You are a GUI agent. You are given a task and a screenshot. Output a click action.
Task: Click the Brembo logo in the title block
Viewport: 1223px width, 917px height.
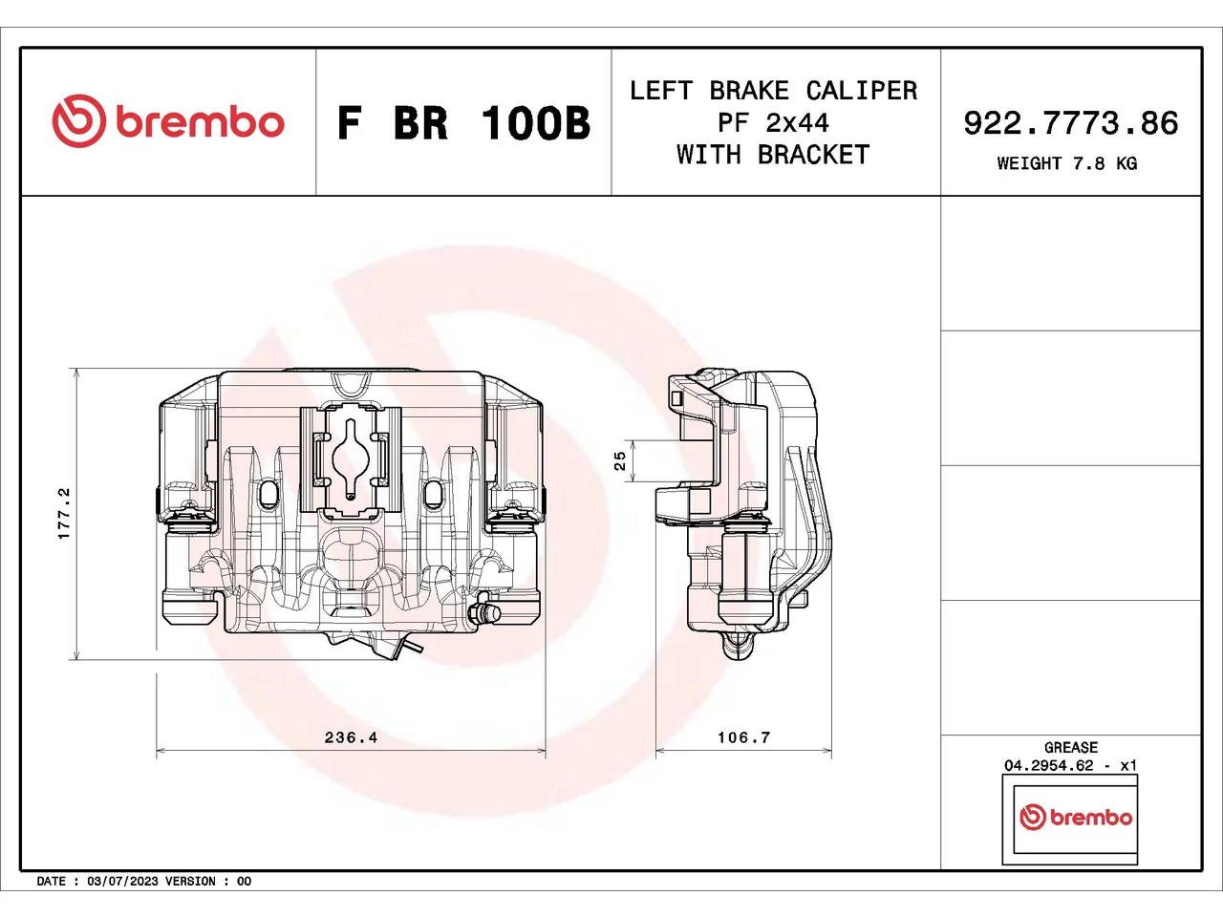168,120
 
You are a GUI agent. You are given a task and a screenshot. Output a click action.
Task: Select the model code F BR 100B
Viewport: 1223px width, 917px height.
463,123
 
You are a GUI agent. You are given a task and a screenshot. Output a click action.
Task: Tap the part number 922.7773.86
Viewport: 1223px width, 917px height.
1071,123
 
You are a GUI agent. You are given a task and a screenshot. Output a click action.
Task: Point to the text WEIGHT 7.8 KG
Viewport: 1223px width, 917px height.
1067,163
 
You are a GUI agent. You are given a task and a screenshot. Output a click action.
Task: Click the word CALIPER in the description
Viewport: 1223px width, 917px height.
862,91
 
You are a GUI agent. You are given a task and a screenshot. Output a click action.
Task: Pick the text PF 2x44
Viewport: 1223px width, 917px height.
773,123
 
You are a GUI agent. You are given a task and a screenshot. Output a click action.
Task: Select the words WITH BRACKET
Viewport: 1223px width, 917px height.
773,155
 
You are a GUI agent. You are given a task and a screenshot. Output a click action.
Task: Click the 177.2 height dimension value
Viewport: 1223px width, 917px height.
64,513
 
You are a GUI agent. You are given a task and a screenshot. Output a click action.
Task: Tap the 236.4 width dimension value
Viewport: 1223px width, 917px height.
351,737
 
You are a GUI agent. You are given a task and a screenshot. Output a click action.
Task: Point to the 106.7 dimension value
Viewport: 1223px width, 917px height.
743,737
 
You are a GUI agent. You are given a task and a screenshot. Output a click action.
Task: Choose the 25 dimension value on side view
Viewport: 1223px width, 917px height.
619,460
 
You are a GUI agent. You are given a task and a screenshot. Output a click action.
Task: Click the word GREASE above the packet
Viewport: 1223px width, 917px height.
1071,747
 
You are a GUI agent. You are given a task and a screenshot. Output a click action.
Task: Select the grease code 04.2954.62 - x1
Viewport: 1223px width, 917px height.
1070,765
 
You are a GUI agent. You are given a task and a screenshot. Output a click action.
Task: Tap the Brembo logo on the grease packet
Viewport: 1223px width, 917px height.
1076,818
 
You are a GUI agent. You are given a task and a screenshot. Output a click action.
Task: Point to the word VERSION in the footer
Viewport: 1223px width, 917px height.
190,882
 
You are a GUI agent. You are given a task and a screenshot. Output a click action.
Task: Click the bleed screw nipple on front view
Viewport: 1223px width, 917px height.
484,613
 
